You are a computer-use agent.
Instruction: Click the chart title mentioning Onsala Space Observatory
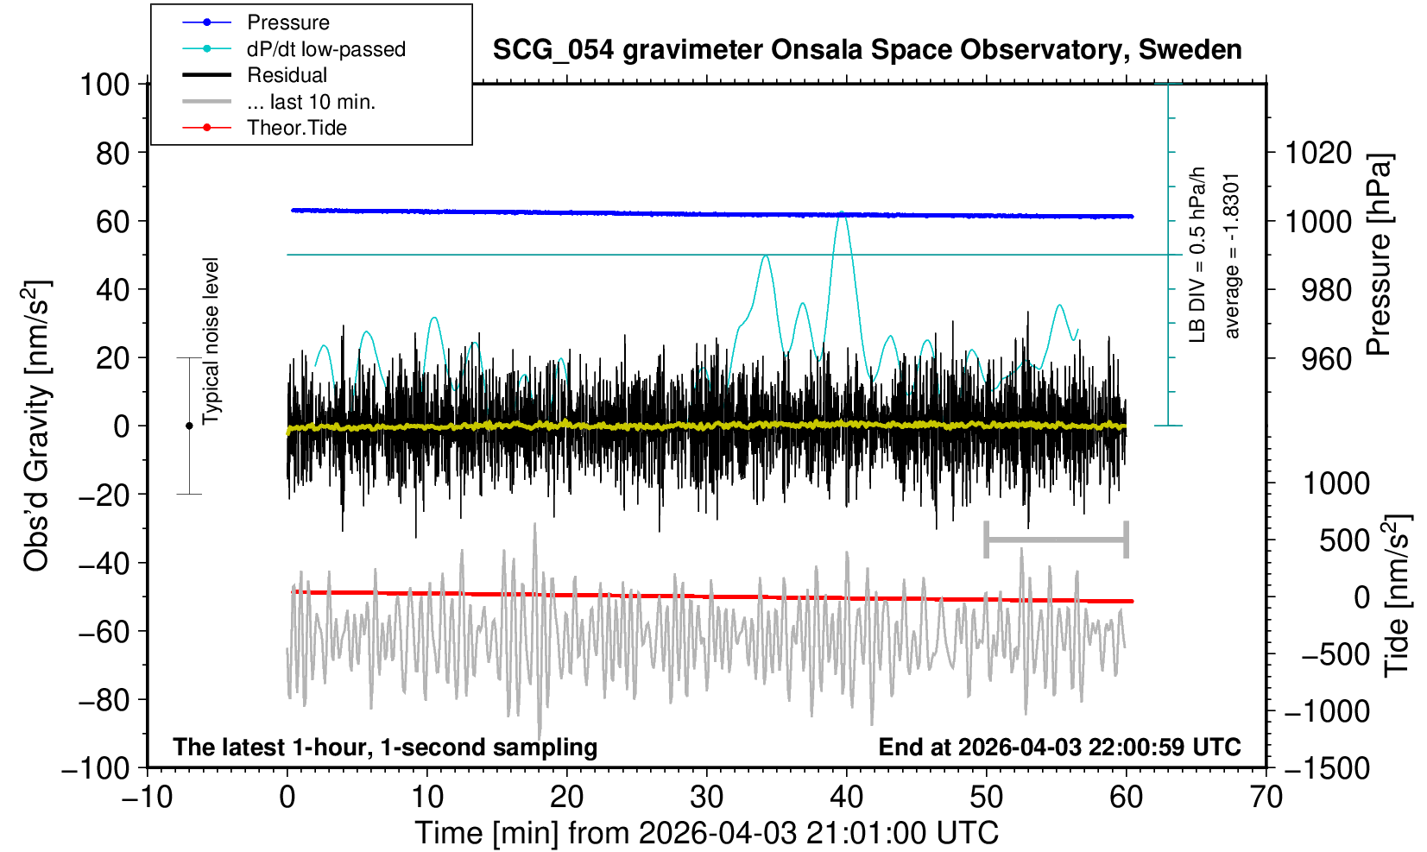[867, 50]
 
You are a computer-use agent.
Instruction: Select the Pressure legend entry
[287, 22]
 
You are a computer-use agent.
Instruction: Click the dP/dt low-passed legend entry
[325, 49]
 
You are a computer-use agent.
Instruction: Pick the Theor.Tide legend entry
[296, 128]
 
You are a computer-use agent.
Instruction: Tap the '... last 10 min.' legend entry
[311, 102]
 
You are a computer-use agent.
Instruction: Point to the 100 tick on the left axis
[104, 85]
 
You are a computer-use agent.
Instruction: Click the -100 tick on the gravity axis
[98, 768]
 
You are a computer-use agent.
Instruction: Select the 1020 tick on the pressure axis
[1318, 153]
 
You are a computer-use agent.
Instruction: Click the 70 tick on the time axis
[1266, 797]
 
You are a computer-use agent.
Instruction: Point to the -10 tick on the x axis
[148, 797]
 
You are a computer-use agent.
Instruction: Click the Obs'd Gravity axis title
[38, 426]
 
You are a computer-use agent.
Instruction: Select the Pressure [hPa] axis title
[1380, 255]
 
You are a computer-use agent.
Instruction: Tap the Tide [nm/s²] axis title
[1397, 596]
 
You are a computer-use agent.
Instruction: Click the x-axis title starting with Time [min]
[706, 833]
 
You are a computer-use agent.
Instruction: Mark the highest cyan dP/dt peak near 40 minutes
[843, 212]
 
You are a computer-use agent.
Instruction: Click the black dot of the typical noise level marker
[189, 426]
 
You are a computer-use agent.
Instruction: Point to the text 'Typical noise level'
[211, 341]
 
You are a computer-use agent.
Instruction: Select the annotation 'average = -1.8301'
[1232, 256]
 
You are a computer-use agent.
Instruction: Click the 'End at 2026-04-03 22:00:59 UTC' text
[1059, 747]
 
